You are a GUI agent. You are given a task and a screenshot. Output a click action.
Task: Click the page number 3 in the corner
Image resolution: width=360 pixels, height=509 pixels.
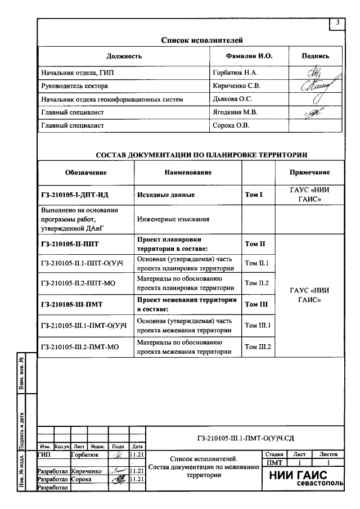(337, 22)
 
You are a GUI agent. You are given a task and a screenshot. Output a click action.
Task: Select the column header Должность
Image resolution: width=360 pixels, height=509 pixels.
(124, 56)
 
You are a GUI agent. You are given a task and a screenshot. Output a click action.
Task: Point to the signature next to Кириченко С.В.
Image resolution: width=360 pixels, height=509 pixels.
(315, 86)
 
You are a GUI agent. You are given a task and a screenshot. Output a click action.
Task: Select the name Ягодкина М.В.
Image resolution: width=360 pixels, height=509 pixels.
(235, 112)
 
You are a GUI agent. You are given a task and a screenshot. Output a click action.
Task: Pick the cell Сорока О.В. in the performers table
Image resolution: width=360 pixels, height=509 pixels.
(231, 125)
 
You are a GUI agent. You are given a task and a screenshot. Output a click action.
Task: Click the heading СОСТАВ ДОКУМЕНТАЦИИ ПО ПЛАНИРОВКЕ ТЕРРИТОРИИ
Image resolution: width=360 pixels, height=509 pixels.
(201, 155)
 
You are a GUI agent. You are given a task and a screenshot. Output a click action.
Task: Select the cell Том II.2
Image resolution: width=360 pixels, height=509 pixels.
(258, 283)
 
